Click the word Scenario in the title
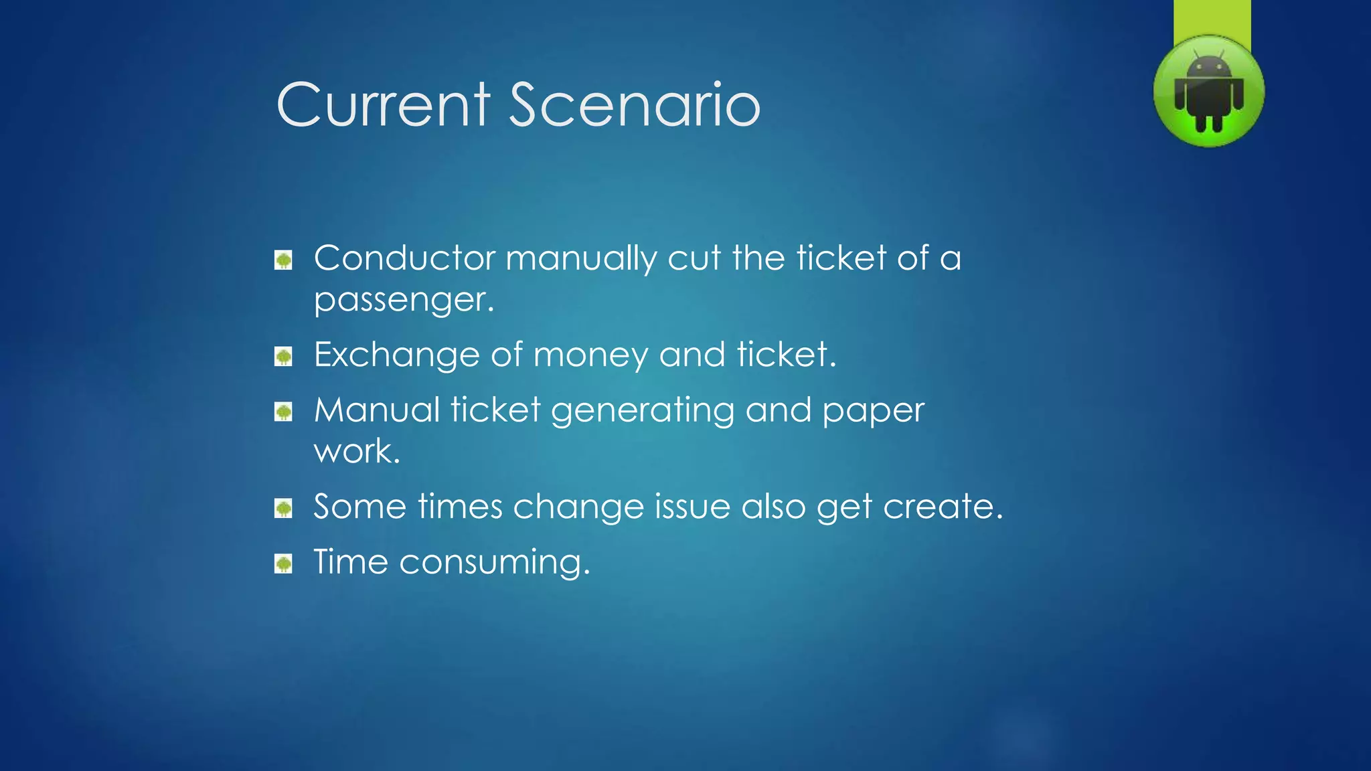(x=635, y=105)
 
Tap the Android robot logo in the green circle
(x=1209, y=92)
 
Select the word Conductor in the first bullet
(x=404, y=258)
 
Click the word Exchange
(x=396, y=355)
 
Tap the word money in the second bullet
(x=590, y=355)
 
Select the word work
(x=357, y=452)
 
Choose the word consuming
(x=495, y=563)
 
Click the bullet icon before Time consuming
(x=284, y=564)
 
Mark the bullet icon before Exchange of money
(x=284, y=357)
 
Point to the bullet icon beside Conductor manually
(x=284, y=260)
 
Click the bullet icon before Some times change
(x=284, y=509)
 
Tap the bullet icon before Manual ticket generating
(x=284, y=412)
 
